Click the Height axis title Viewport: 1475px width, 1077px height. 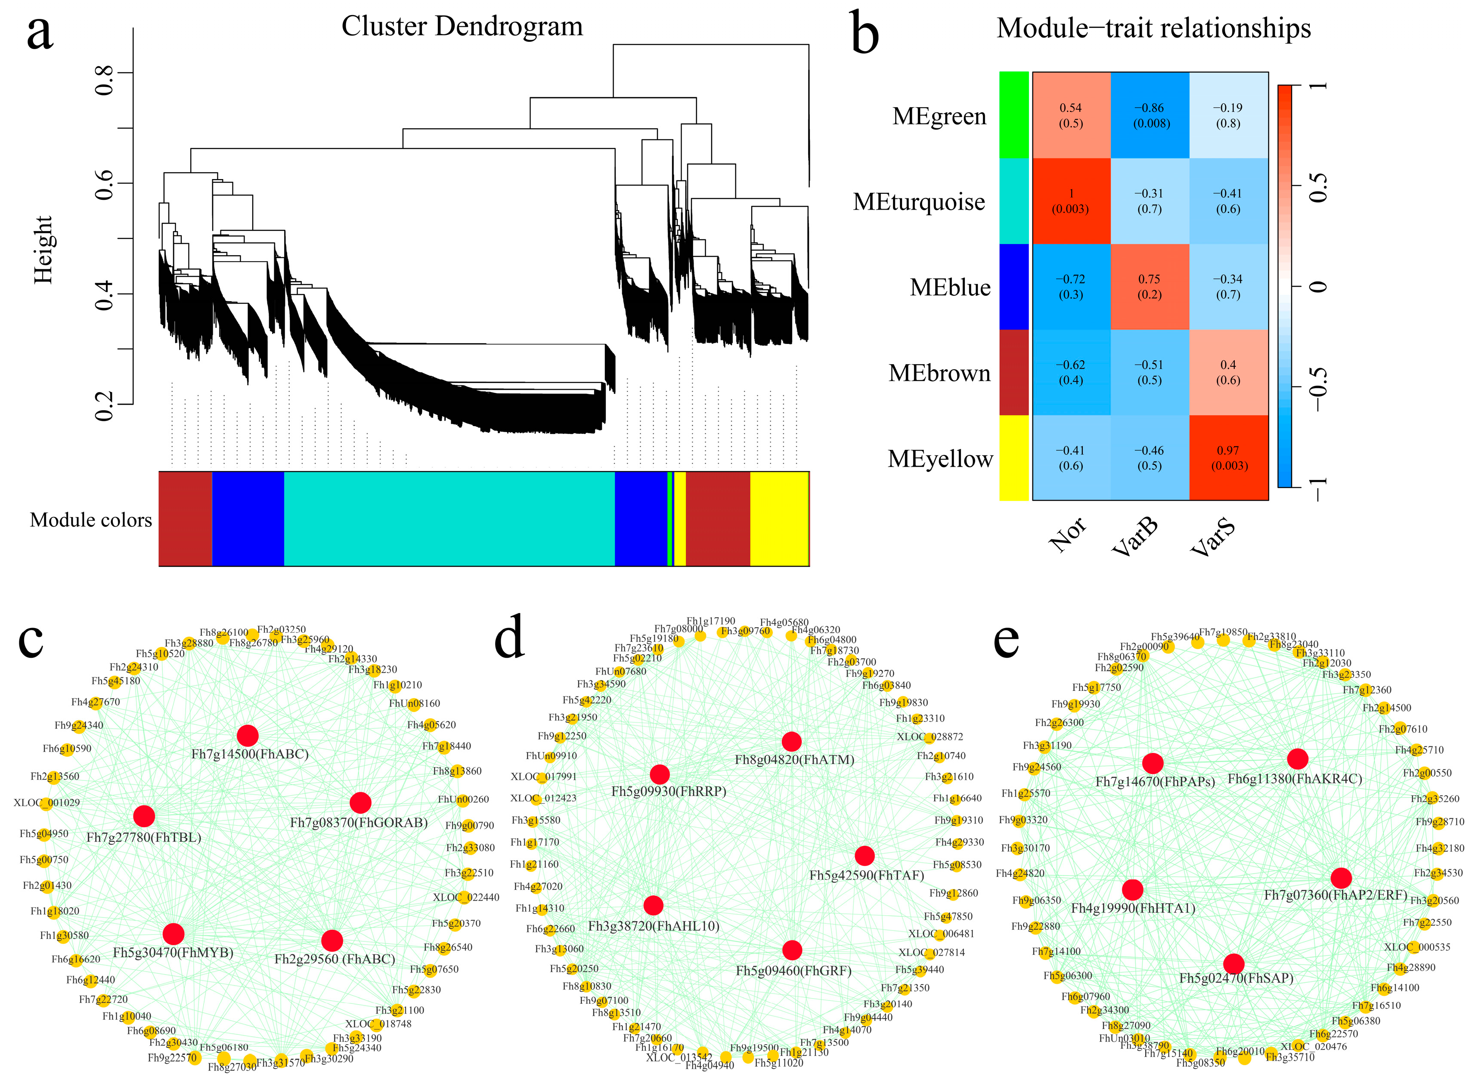(43, 250)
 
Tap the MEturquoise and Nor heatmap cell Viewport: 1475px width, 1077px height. (1071, 201)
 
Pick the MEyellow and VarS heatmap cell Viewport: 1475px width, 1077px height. (1228, 458)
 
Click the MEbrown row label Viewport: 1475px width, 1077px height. (939, 373)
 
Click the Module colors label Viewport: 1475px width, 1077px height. (91, 520)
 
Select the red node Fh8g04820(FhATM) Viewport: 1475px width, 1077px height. (792, 741)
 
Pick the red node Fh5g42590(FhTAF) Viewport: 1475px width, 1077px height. (865, 855)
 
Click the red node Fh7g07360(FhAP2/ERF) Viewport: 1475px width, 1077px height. (1342, 878)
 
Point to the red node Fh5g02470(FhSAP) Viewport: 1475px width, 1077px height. (1234, 963)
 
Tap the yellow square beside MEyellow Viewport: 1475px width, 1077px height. (1013, 458)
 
